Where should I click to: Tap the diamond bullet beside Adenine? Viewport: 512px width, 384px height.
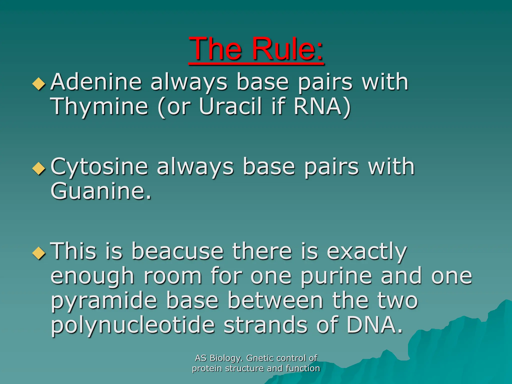pyautogui.click(x=39, y=83)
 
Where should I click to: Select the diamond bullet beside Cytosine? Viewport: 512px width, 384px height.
pyautogui.click(x=39, y=168)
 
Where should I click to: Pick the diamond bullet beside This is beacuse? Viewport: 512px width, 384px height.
pyautogui.click(x=39, y=253)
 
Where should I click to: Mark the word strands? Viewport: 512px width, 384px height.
pyautogui.click(x=265, y=325)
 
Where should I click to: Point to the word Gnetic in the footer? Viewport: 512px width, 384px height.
pyautogui.click(x=260, y=358)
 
